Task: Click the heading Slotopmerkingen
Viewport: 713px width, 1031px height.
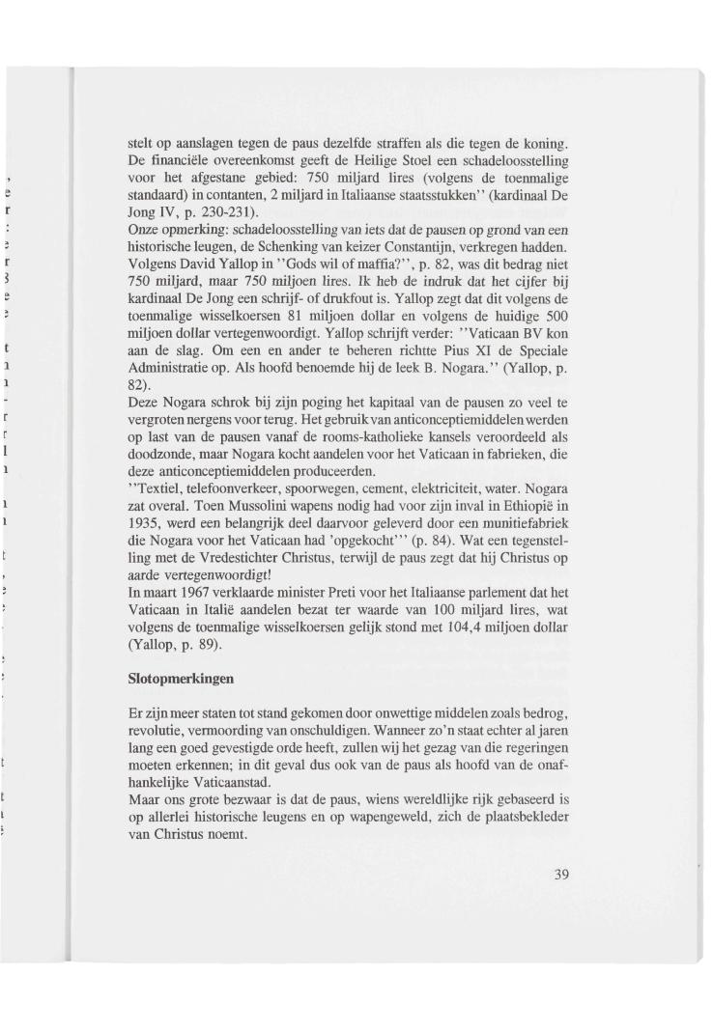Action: pyautogui.click(x=182, y=679)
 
